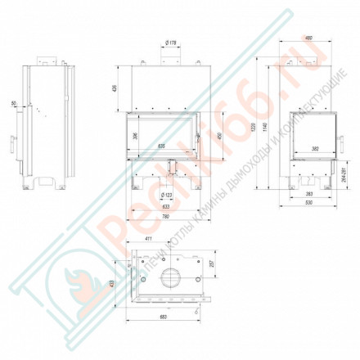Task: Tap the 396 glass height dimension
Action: pyautogui.click(x=134, y=134)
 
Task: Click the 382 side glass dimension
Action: pyautogui.click(x=315, y=149)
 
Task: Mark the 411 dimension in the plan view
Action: pyautogui.click(x=148, y=238)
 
